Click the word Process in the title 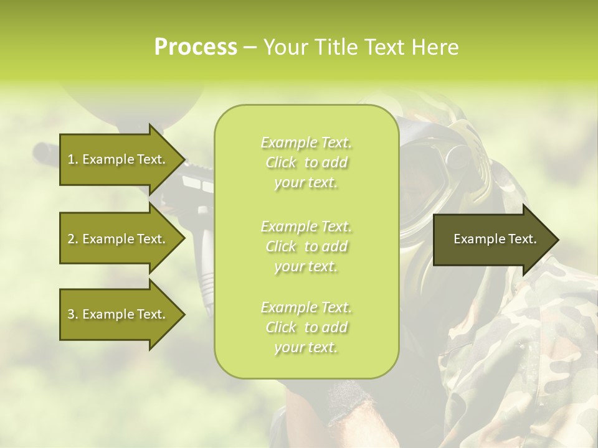(x=196, y=47)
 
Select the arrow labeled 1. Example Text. (x=118, y=160)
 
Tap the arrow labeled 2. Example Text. (x=118, y=239)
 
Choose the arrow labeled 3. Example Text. (x=118, y=314)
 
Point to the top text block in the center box (x=306, y=162)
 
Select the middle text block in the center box (x=306, y=246)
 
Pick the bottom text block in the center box (x=306, y=327)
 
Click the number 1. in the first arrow (x=73, y=160)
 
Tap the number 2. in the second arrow (x=73, y=239)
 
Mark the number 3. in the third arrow (x=73, y=314)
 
